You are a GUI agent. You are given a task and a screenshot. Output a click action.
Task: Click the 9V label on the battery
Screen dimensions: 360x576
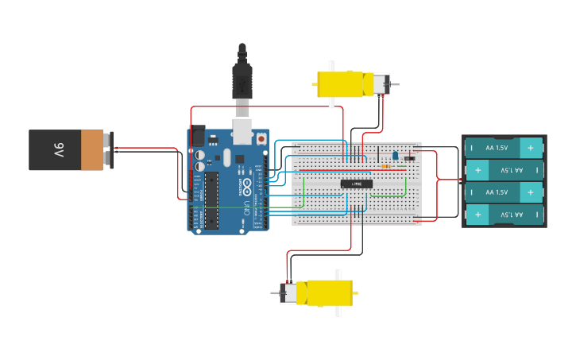pyautogui.click(x=59, y=149)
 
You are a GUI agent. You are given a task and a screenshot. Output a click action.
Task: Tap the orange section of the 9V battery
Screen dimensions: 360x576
pyautogui.click(x=92, y=150)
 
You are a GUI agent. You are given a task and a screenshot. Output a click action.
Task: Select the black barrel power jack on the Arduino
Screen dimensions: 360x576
pyautogui.click(x=196, y=136)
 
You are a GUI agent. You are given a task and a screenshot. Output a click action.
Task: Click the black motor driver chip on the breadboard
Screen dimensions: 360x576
pyautogui.click(x=357, y=184)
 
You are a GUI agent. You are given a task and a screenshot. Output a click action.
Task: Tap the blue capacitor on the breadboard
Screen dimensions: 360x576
pyautogui.click(x=395, y=155)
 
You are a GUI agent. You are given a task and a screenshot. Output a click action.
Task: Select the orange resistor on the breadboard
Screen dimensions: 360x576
pyautogui.click(x=386, y=167)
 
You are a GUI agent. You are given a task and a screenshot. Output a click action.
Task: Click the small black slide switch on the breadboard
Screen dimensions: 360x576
pyautogui.click(x=409, y=158)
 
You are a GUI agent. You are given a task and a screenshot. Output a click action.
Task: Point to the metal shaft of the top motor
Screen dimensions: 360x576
pyautogui.click(x=394, y=84)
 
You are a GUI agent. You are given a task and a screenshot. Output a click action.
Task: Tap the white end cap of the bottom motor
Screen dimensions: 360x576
pyautogui.click(x=289, y=293)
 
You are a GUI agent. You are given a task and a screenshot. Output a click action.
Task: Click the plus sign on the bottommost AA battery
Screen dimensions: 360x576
pyautogui.click(x=478, y=215)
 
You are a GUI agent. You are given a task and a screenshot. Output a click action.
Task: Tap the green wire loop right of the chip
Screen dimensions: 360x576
pyautogui.click(x=404, y=188)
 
